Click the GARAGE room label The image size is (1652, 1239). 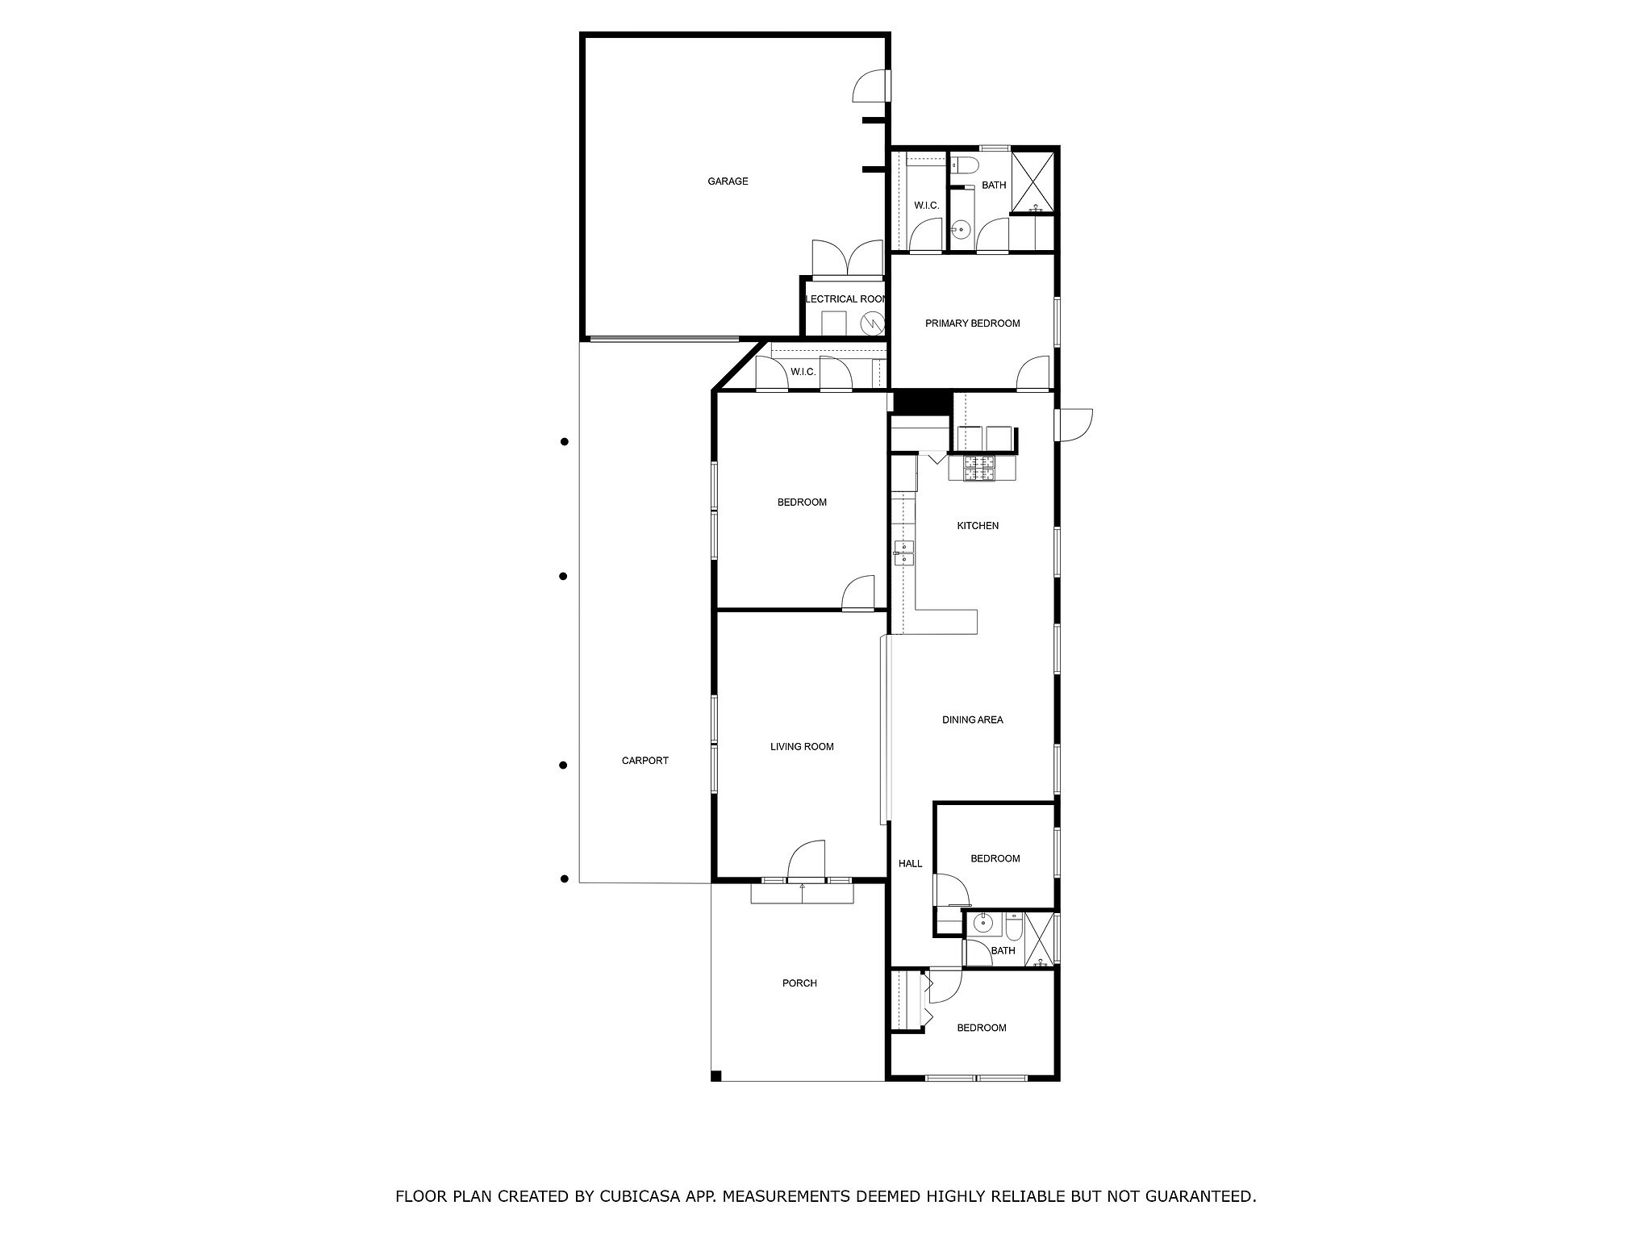(728, 181)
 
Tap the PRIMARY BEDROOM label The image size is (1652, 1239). (972, 323)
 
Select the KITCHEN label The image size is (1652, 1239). (978, 526)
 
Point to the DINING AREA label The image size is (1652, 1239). (973, 720)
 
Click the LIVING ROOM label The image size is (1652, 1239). (802, 747)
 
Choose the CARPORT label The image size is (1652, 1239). (645, 761)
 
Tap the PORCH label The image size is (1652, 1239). (799, 983)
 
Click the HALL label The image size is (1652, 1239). (911, 864)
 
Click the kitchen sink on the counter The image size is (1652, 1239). (903, 553)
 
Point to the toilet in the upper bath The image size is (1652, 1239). (965, 166)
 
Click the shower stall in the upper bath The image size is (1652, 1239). (1032, 182)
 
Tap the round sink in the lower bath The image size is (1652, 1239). (982, 923)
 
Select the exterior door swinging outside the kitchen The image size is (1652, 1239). (1074, 424)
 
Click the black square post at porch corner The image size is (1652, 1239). (715, 1075)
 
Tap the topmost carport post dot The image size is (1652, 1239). (565, 441)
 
